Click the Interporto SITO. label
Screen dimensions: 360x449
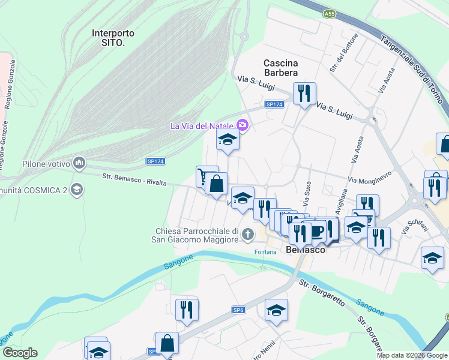click(x=113, y=38)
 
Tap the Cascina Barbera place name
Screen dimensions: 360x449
click(x=281, y=67)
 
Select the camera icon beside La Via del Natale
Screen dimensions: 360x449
click(x=243, y=125)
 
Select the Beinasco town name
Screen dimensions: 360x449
click(x=306, y=250)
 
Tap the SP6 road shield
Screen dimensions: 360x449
click(x=238, y=310)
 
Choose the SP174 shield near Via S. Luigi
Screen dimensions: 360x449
click(x=274, y=104)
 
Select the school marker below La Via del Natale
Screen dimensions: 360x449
click(x=228, y=140)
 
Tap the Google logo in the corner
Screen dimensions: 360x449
click(x=20, y=353)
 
